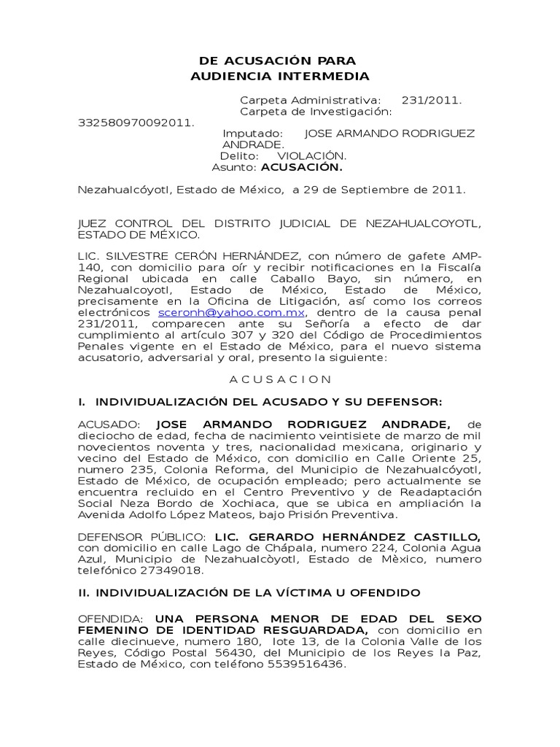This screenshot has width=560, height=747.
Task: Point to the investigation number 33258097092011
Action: pos(136,123)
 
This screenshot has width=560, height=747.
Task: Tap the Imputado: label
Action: pos(252,134)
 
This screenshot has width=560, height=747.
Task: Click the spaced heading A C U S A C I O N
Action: pos(280,379)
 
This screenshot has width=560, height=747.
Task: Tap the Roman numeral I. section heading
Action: pos(82,402)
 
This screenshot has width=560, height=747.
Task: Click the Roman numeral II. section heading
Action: pos(85,595)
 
